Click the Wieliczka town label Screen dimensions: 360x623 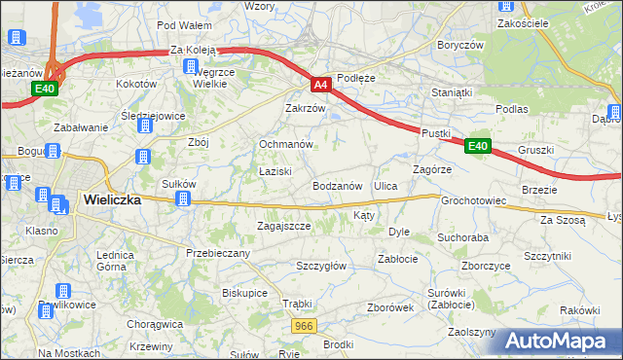(x=111, y=198)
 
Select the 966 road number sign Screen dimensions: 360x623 (x=304, y=326)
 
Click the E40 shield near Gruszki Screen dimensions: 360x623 (x=476, y=146)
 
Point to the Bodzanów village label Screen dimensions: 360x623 (x=338, y=185)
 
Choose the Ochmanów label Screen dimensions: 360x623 (x=285, y=144)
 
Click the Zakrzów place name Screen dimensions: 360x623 (x=304, y=108)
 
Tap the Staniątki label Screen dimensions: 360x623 (x=452, y=93)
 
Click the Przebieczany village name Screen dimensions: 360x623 (x=218, y=253)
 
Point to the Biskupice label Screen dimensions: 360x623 (x=244, y=292)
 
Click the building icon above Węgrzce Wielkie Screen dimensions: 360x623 (x=190, y=66)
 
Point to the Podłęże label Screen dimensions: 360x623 (x=355, y=78)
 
